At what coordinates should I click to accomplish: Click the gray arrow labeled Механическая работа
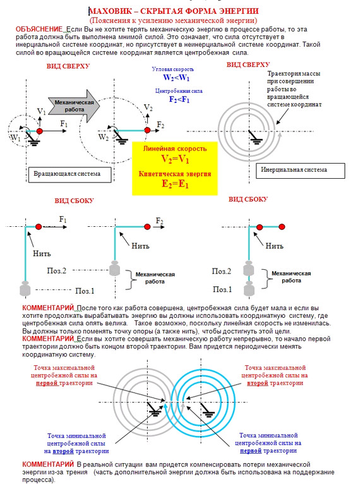tap(75, 106)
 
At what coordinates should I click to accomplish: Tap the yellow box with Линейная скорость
tap(175, 169)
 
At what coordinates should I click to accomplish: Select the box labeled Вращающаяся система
tap(69, 174)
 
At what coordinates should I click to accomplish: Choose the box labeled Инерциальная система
tap(300, 171)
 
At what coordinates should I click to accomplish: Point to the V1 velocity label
tap(41, 111)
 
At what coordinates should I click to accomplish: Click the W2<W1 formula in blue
tap(176, 78)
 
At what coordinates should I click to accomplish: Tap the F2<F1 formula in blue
tap(179, 99)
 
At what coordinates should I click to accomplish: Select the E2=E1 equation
tap(175, 184)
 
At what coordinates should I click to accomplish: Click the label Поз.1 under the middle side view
tap(85, 291)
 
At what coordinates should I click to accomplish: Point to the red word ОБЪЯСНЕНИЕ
tap(39, 29)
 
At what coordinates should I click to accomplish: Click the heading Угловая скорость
tap(173, 69)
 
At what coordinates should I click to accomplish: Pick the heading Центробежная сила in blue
tap(179, 91)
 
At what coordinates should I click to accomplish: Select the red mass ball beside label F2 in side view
tap(147, 227)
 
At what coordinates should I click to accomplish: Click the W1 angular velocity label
tap(15, 137)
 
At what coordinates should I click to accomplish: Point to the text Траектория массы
tap(294, 74)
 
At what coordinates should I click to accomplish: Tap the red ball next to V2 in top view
tap(147, 130)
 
